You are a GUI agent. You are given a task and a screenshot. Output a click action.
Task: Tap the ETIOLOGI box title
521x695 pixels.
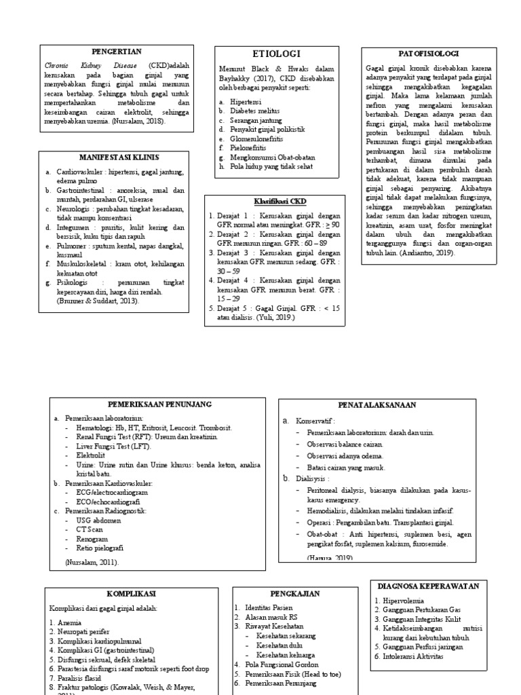click(x=276, y=54)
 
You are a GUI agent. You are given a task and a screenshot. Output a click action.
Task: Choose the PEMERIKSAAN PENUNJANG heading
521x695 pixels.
click(x=161, y=405)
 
